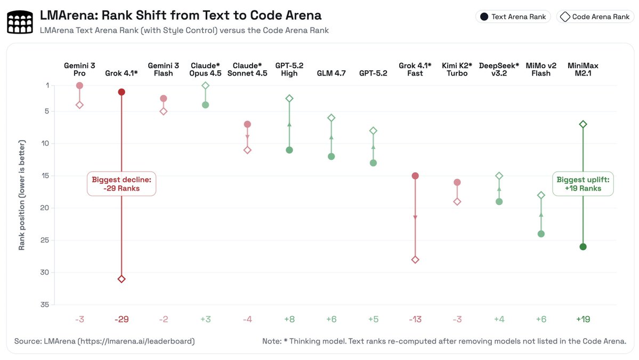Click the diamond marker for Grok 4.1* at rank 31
122,279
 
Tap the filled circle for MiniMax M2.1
583,246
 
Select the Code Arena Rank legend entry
595,17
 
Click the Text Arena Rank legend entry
513,17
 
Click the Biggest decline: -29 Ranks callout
122,183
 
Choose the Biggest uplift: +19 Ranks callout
583,183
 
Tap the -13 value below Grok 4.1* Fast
415,319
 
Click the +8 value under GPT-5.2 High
289,319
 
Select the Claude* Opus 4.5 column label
206,69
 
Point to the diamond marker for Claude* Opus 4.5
206,85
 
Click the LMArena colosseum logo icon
20,22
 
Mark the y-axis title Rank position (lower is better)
22,195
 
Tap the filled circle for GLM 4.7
331,156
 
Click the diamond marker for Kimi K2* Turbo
457,202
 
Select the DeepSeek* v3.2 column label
499,69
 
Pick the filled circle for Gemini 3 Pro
79,85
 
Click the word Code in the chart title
252,15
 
